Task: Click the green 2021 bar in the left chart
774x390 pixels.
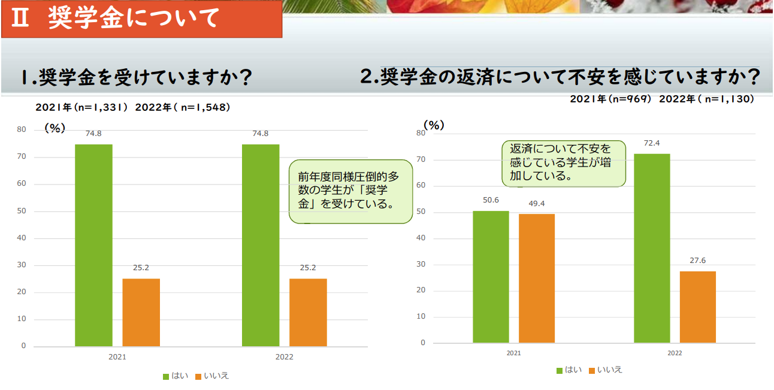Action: [x=93, y=245]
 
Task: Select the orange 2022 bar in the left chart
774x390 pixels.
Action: [x=308, y=312]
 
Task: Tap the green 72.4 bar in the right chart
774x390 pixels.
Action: [x=652, y=249]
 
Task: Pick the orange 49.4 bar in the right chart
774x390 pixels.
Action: [x=537, y=279]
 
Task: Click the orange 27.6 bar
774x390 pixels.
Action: [x=698, y=307]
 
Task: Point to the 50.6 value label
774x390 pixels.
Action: [x=491, y=200]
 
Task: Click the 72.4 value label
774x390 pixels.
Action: [x=652, y=143]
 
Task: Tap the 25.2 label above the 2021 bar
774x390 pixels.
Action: [x=141, y=268]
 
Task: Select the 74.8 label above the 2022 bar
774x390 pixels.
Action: [x=260, y=134]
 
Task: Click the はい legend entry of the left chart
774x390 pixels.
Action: [x=176, y=376]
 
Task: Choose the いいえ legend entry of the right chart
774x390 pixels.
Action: [x=606, y=370]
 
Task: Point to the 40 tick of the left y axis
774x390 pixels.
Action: [x=22, y=238]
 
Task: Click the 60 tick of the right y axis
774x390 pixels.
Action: [x=421, y=185]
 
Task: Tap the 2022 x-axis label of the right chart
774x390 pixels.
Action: [x=675, y=353]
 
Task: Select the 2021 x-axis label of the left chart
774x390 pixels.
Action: [x=117, y=357]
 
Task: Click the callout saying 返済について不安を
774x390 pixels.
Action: [x=564, y=164]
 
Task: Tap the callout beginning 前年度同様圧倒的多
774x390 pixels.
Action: [x=350, y=191]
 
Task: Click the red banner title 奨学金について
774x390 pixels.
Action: [x=134, y=17]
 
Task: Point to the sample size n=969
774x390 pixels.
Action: [x=630, y=99]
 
